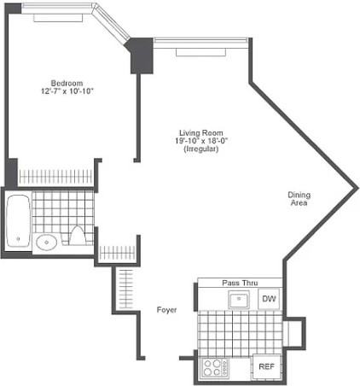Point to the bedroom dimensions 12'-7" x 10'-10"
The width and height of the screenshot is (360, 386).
(x=66, y=91)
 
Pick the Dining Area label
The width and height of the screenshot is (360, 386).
(x=299, y=199)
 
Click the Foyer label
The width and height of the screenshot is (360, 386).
(x=167, y=309)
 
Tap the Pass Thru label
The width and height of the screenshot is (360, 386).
(x=240, y=283)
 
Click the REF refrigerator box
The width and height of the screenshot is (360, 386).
(x=265, y=367)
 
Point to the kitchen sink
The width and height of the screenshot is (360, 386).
(x=238, y=299)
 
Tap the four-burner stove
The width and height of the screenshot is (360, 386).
(x=215, y=368)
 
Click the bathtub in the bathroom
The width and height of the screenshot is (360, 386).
(x=18, y=221)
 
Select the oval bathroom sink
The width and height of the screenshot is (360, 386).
(x=47, y=242)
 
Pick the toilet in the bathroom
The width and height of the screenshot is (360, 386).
(x=77, y=236)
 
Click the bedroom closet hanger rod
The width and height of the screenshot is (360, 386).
(x=55, y=177)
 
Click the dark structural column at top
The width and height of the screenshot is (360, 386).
(x=140, y=56)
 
